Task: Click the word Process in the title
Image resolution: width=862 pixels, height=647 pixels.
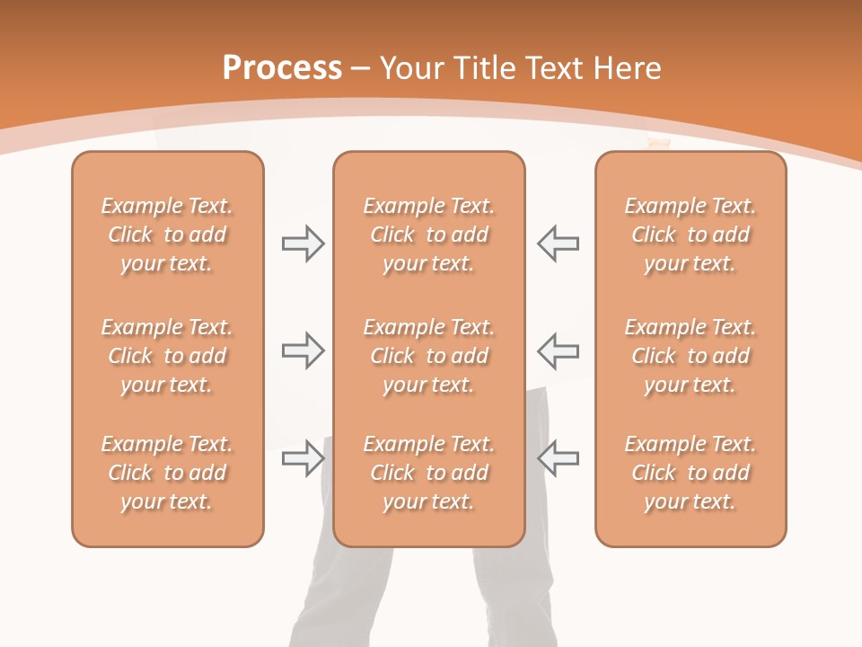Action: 282,68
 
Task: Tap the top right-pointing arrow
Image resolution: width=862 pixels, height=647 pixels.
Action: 303,244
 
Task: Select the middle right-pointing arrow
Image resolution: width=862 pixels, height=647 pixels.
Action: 303,350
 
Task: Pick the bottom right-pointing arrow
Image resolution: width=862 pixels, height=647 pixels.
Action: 303,457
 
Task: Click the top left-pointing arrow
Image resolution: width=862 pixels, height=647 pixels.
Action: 558,244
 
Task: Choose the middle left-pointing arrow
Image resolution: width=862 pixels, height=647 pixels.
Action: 558,350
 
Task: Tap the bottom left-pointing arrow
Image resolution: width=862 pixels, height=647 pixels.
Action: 558,457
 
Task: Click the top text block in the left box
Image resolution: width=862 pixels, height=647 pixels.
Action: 167,235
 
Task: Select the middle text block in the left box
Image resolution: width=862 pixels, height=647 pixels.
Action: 167,356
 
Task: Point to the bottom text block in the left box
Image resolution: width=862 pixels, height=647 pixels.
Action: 167,473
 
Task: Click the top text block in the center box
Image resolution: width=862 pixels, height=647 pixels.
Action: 428,235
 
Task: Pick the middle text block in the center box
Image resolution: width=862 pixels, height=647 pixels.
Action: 428,356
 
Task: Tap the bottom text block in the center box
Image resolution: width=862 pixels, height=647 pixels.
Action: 428,473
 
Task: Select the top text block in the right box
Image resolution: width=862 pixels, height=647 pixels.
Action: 690,235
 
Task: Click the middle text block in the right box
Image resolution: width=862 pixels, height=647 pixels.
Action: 690,356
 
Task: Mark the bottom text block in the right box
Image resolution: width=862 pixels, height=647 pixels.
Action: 690,473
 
